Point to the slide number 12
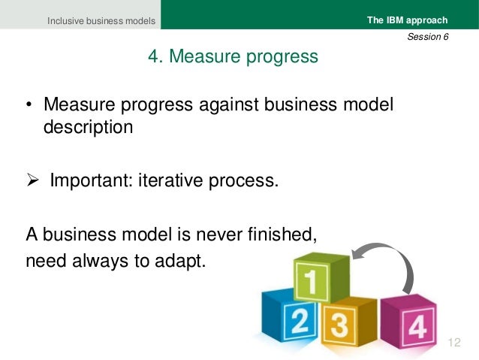point(453,343)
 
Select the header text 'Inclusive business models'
point(101,21)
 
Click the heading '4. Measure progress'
point(232,57)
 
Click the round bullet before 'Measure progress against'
point(27,105)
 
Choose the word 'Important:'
point(90,181)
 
